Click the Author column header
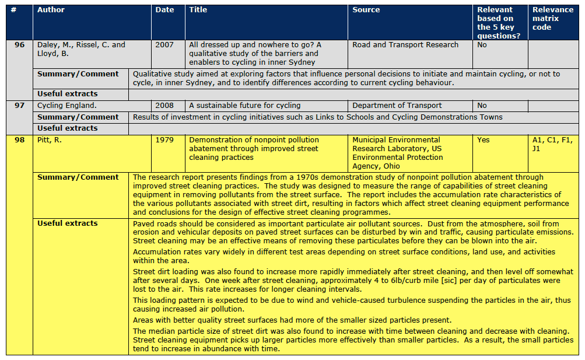pos(51,10)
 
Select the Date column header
pos(164,10)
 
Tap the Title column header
pos(198,10)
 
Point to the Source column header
pos(366,10)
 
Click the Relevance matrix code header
pos(552,18)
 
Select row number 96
pos(19,45)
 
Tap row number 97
pos(19,106)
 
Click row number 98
pos(19,140)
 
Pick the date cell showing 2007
pos(164,45)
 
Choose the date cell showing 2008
pos(164,106)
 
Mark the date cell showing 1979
pos(164,140)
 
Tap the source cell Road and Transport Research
pos(405,45)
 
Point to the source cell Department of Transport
pos(397,106)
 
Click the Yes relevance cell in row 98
pos(483,140)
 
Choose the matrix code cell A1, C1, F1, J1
pos(552,144)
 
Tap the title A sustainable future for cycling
pos(245,106)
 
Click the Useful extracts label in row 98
pos(68,223)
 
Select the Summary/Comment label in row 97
pos(78,117)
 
